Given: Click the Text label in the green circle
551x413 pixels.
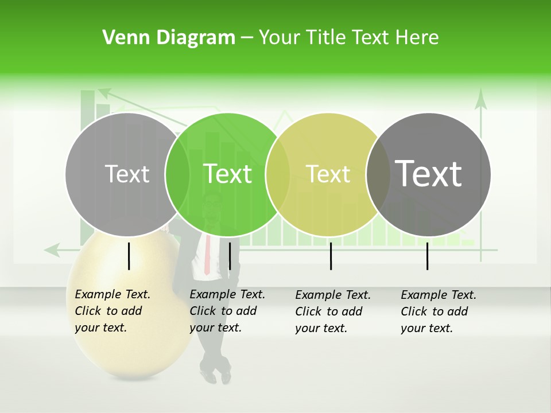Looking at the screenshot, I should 227,174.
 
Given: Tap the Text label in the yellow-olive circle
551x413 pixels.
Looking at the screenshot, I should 328,174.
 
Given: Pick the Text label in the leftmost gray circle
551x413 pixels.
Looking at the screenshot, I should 127,174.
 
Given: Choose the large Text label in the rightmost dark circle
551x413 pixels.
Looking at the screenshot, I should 428,173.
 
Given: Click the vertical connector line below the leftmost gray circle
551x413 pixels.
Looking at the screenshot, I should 129,256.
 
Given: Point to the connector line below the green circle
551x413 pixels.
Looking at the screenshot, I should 230,256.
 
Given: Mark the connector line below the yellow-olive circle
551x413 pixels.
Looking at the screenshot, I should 331,256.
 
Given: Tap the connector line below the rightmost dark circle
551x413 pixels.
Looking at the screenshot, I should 427,256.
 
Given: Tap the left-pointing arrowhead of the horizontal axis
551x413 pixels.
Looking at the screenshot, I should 52,250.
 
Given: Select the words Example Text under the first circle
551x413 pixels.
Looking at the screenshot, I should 112,294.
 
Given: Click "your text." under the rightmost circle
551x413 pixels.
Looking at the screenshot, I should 426,328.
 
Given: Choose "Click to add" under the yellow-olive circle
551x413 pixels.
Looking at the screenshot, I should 329,311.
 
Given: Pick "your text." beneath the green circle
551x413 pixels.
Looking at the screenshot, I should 215,328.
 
